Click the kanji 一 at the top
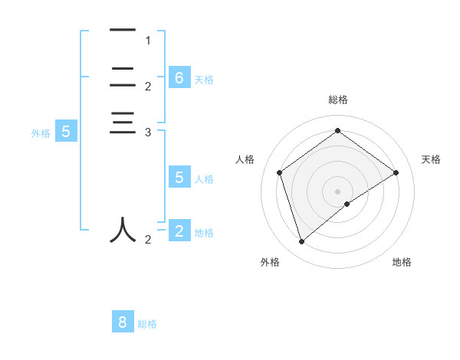(122, 31)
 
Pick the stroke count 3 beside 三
(148, 133)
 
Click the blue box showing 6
(179, 77)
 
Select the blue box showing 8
(123, 322)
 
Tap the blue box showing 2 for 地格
(179, 231)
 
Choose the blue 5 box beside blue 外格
(66, 131)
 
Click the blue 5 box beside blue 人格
(179, 178)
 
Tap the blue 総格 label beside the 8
(147, 324)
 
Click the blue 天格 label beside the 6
(204, 80)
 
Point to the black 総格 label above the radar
(337, 100)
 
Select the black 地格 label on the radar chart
(402, 262)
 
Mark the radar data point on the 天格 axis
(396, 172)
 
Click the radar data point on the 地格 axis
(347, 204)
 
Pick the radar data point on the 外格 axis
(301, 242)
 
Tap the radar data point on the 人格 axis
(280, 172)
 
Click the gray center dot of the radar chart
(337, 191)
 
